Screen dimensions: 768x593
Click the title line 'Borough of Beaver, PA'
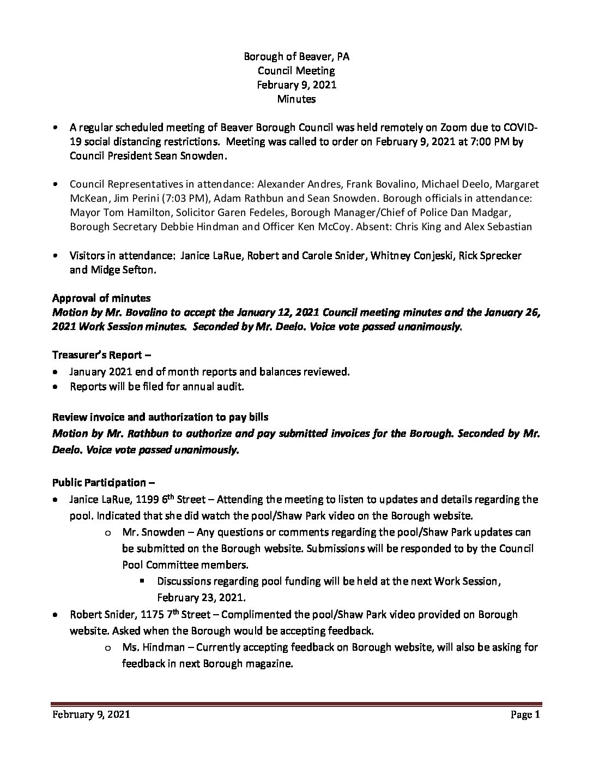[296, 56]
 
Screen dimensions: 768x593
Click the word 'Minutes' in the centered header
[296, 99]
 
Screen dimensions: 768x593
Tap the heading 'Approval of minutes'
[101, 298]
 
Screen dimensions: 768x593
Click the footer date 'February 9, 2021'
[91, 715]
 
